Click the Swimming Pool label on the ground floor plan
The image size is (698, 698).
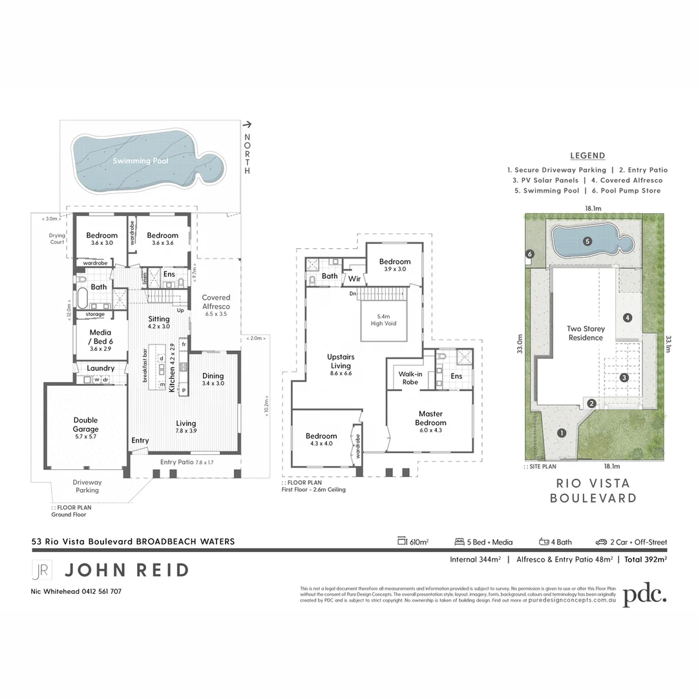(x=140, y=161)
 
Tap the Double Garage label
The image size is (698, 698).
(x=85, y=425)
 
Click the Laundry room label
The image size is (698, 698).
(x=101, y=368)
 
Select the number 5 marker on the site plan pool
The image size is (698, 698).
(x=587, y=242)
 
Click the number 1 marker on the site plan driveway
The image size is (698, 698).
(x=562, y=433)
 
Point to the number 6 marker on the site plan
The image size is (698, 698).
(x=529, y=255)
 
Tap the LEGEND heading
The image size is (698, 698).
(x=587, y=156)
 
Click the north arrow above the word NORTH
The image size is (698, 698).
(x=247, y=125)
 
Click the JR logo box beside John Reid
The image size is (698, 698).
(x=41, y=570)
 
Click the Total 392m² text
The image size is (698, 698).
(x=646, y=559)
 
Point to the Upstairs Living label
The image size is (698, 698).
(x=341, y=361)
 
